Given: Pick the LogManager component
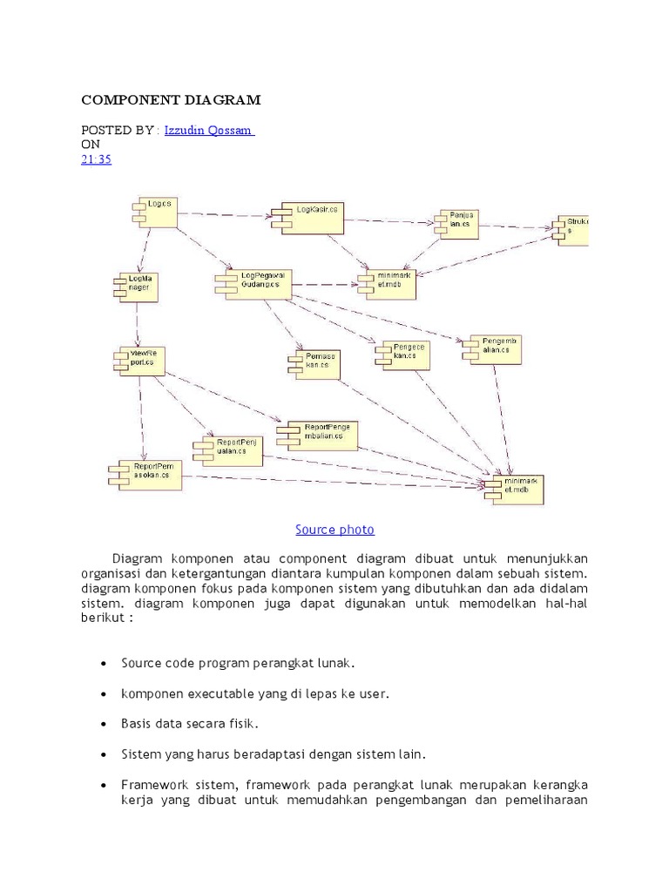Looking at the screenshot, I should click(138, 286).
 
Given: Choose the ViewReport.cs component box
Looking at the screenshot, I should click(141, 361).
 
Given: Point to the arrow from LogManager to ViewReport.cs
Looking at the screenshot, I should click(137, 325).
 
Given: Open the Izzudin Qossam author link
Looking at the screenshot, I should click(209, 130).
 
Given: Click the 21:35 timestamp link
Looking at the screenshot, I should click(95, 159).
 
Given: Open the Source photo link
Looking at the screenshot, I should click(334, 530).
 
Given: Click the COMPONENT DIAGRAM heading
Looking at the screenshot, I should click(171, 100).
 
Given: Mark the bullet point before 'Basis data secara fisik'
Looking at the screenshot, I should click(105, 724).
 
